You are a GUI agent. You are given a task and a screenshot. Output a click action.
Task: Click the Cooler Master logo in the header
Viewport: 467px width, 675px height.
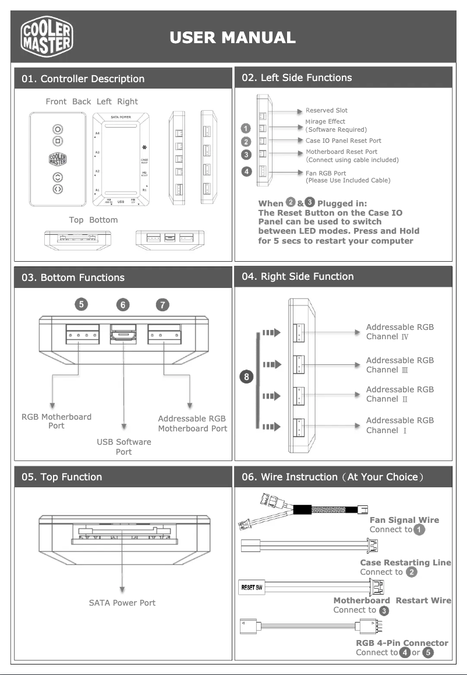(x=47, y=36)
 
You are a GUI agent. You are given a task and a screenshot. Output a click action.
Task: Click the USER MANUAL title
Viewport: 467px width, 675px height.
(x=232, y=38)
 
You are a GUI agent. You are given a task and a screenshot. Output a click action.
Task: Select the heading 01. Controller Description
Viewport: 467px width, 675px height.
(x=83, y=79)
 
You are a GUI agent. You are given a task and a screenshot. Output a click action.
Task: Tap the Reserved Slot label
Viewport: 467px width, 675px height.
(x=326, y=110)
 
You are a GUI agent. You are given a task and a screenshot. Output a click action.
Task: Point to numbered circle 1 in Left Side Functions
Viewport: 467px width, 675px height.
(x=247, y=128)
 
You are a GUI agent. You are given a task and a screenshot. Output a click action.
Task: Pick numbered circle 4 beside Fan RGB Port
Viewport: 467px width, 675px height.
(x=247, y=171)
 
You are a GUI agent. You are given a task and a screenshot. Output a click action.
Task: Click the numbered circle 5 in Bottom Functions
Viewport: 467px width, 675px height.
(x=83, y=304)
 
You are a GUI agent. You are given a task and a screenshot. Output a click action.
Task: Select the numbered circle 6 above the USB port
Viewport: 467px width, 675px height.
(x=123, y=304)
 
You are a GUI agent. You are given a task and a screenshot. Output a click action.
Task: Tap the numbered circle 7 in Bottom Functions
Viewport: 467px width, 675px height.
(x=163, y=304)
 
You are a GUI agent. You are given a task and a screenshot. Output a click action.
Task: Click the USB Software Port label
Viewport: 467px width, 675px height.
(x=123, y=447)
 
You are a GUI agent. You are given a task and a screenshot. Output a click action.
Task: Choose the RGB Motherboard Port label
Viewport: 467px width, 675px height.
(x=56, y=421)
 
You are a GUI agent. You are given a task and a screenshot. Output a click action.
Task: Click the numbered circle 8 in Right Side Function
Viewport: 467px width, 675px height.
(x=247, y=377)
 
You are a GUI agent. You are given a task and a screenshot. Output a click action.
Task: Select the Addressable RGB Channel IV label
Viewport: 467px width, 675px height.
(x=399, y=332)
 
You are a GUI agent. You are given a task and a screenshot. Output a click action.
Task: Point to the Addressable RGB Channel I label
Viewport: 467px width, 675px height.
(x=399, y=425)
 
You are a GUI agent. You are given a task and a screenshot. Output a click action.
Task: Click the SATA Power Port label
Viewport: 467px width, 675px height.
(x=122, y=603)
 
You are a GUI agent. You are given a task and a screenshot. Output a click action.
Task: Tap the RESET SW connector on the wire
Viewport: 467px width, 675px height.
(x=252, y=586)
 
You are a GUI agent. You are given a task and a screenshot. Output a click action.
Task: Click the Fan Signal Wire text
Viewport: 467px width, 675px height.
(x=404, y=520)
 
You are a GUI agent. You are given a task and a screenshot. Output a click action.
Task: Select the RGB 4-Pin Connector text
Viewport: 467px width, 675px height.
(x=402, y=643)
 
